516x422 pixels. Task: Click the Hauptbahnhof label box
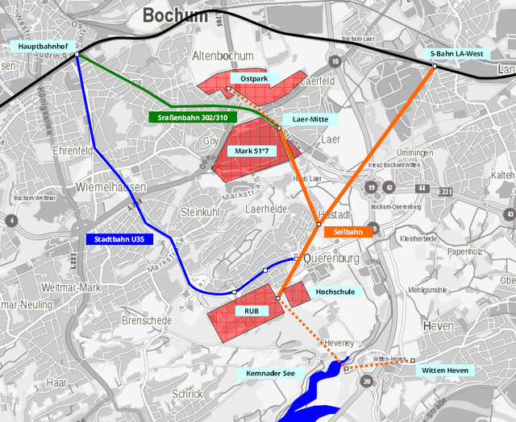coord(46,48)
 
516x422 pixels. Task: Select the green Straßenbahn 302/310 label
coord(193,118)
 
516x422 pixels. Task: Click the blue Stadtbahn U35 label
coord(119,238)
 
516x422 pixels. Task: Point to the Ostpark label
coord(254,78)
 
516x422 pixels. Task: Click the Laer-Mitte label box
coord(310,119)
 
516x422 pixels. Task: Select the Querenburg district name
coord(333,259)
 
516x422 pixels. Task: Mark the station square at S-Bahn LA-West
coord(435,64)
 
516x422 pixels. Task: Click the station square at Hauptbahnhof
coord(77,55)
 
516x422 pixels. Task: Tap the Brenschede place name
coord(147,321)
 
